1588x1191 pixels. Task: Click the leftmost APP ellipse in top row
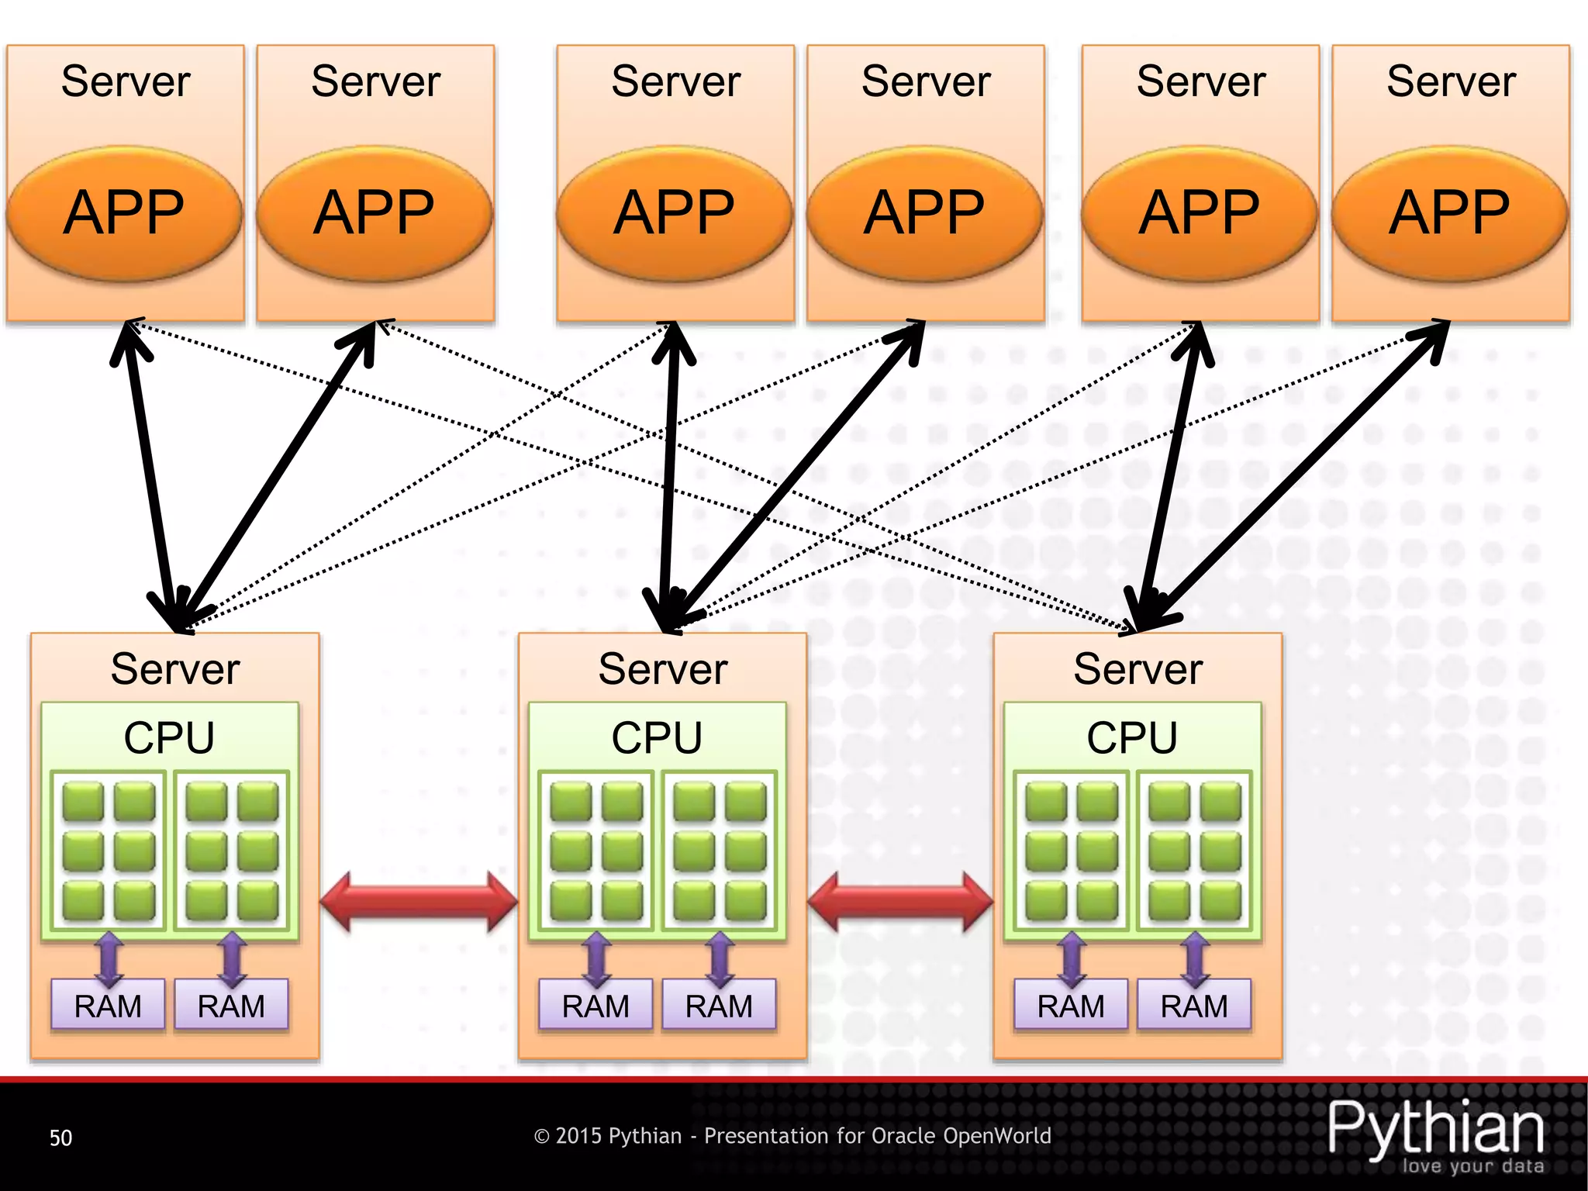tap(124, 212)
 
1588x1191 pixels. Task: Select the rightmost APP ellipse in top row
tap(1449, 212)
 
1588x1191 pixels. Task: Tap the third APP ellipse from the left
tap(674, 212)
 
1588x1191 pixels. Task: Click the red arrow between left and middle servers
tap(419, 901)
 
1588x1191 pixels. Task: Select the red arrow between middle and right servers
tap(900, 901)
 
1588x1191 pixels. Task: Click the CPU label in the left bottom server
tap(169, 737)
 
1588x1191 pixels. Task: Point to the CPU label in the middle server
tap(657, 737)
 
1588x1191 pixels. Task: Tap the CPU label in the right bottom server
tap(1132, 737)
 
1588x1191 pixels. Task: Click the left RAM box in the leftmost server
tap(108, 1006)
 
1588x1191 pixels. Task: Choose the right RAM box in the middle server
tap(719, 1006)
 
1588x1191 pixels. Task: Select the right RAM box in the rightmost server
tap(1194, 1006)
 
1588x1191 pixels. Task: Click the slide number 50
tap(60, 1137)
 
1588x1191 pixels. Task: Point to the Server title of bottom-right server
tap(1137, 668)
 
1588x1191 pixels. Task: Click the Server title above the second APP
tap(375, 81)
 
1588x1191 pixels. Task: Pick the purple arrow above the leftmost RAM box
tap(109, 959)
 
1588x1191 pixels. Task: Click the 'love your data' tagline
tap(1472, 1166)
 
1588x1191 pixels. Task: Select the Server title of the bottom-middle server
tap(663, 668)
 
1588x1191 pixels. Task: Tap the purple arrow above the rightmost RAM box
tap(1195, 959)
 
